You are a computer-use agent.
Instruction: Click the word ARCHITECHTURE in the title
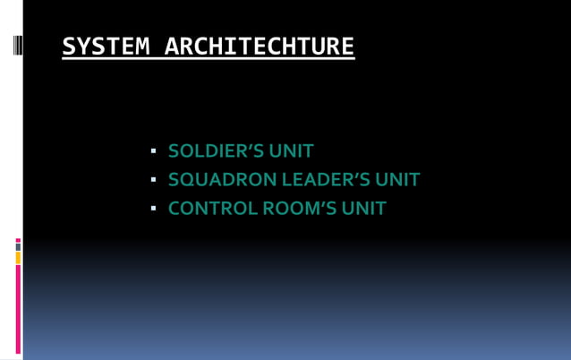[260, 47]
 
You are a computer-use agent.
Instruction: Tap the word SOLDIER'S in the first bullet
[216, 151]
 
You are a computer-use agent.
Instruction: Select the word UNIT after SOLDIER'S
[291, 151]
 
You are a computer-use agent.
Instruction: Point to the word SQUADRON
[222, 180]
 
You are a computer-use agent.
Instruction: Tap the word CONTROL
[212, 209]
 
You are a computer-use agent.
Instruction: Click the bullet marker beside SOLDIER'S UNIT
[154, 152]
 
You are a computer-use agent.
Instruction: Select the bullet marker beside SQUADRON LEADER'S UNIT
[154, 181]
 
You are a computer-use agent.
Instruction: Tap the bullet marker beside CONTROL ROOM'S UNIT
[154, 210]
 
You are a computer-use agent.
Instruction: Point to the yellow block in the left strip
[18, 258]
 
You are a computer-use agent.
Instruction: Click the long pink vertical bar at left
[18, 309]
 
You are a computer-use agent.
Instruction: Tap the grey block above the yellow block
[18, 247]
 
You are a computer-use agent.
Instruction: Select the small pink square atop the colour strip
[18, 240]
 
